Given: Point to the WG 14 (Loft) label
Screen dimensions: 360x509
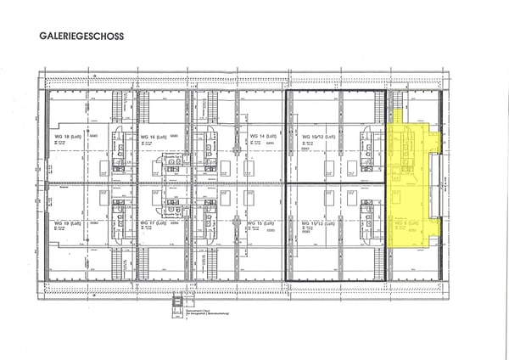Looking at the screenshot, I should pyautogui.click(x=263, y=136).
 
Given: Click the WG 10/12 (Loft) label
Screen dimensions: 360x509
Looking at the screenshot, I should pyautogui.click(x=319, y=136).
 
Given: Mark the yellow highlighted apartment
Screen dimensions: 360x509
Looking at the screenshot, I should pyautogui.click(x=411, y=183).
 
